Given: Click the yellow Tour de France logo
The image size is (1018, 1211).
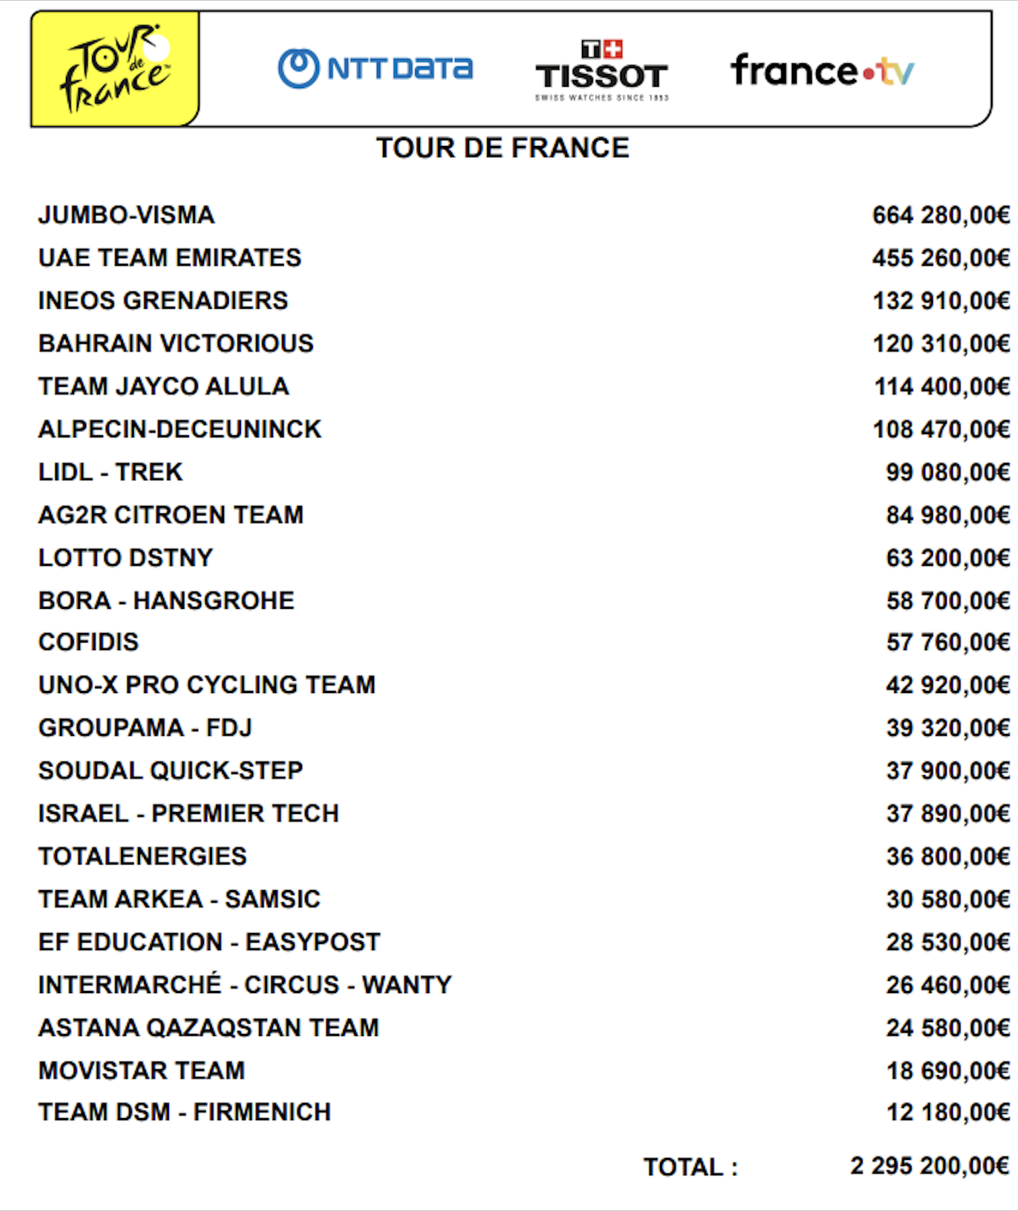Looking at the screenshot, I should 115,69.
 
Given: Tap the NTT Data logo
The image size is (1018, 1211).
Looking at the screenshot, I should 375,69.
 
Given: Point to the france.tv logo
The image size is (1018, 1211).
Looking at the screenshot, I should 822,71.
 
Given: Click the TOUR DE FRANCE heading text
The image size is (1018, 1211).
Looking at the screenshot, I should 502,148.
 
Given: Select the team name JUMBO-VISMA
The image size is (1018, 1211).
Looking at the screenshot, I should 126,215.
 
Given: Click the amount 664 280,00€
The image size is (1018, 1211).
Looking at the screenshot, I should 941,215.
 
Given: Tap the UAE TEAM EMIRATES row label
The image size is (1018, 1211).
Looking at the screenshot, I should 170,258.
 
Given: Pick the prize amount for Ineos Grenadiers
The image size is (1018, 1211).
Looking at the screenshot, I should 941,301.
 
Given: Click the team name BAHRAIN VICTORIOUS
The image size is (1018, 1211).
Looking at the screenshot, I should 176,344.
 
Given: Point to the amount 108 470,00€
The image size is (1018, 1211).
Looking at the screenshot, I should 941,429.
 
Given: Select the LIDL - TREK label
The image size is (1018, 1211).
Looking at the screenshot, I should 110,472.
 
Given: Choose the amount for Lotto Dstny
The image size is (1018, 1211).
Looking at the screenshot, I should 947,558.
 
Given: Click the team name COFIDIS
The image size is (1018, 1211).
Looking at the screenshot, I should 88,643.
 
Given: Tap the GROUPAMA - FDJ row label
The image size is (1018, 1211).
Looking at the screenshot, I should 145,728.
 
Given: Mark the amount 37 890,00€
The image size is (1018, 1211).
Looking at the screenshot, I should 947,813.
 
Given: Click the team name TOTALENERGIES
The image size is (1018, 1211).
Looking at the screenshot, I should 142,856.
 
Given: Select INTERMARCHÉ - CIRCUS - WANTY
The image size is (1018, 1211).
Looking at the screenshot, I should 245,985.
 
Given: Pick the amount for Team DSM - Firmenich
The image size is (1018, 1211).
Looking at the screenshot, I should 947,1112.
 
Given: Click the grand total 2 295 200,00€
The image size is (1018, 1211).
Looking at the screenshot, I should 929,1166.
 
